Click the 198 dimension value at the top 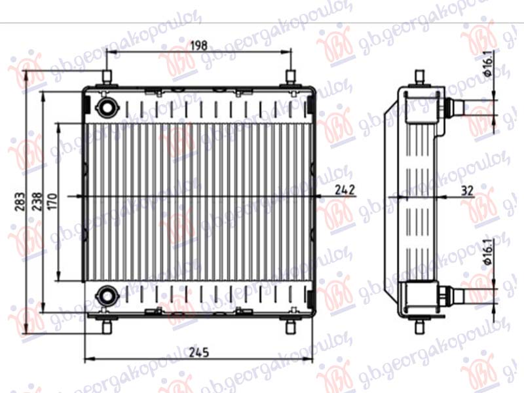click(x=198, y=45)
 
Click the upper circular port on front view click(x=105, y=106)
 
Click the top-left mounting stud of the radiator click(x=107, y=78)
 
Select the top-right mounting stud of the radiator click(x=290, y=78)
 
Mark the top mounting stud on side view click(x=419, y=78)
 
